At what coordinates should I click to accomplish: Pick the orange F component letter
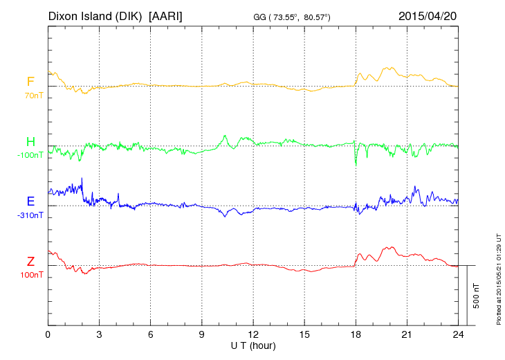coord(30,82)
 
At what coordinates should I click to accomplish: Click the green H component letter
coord(30,142)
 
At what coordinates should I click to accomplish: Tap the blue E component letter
coord(30,201)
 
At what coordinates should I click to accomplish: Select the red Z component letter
coord(30,262)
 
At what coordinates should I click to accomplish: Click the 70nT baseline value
coord(33,96)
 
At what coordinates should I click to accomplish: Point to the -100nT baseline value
coord(30,155)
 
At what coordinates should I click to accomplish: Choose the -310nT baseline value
coord(30,215)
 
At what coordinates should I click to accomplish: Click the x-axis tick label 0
coord(48,334)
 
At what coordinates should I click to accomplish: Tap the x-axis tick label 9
coord(202,334)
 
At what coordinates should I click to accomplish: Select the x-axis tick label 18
coord(356,334)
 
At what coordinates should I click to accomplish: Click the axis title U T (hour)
coord(253,345)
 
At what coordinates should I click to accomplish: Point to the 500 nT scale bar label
coord(477,296)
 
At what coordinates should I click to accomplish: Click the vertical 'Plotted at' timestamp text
coord(498,277)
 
